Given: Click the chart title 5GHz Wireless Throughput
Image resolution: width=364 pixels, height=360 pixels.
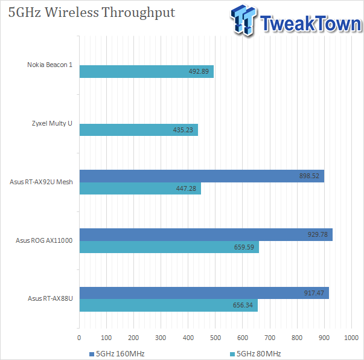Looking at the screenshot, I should click(x=92, y=13).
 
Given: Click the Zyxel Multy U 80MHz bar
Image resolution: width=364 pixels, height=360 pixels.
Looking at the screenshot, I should click(x=138, y=130).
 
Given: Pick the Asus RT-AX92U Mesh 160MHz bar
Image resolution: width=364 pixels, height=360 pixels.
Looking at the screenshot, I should click(x=202, y=176).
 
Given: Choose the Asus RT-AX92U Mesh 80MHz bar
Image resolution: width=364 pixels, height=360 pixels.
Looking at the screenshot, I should click(x=140, y=188).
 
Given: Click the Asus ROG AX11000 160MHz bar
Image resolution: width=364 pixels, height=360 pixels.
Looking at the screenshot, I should click(x=205, y=234).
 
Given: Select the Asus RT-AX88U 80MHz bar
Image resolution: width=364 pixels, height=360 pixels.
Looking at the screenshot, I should click(x=168, y=306).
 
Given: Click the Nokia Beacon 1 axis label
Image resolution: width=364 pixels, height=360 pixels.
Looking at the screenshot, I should click(x=49, y=65).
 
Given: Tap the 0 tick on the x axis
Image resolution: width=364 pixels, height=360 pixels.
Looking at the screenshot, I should click(x=80, y=339).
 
